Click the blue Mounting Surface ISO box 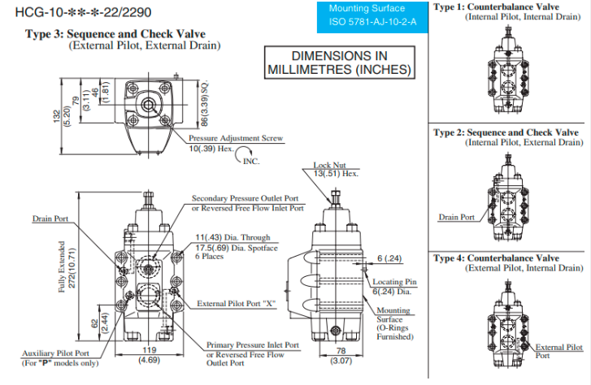click(x=372, y=15)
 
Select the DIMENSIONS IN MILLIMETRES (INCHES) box click(x=339, y=63)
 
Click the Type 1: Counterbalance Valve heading click(x=507, y=7)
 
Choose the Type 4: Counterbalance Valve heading click(x=507, y=258)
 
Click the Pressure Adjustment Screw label click(x=236, y=139)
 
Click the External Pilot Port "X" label click(x=236, y=304)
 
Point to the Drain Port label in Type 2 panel click(x=456, y=217)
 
